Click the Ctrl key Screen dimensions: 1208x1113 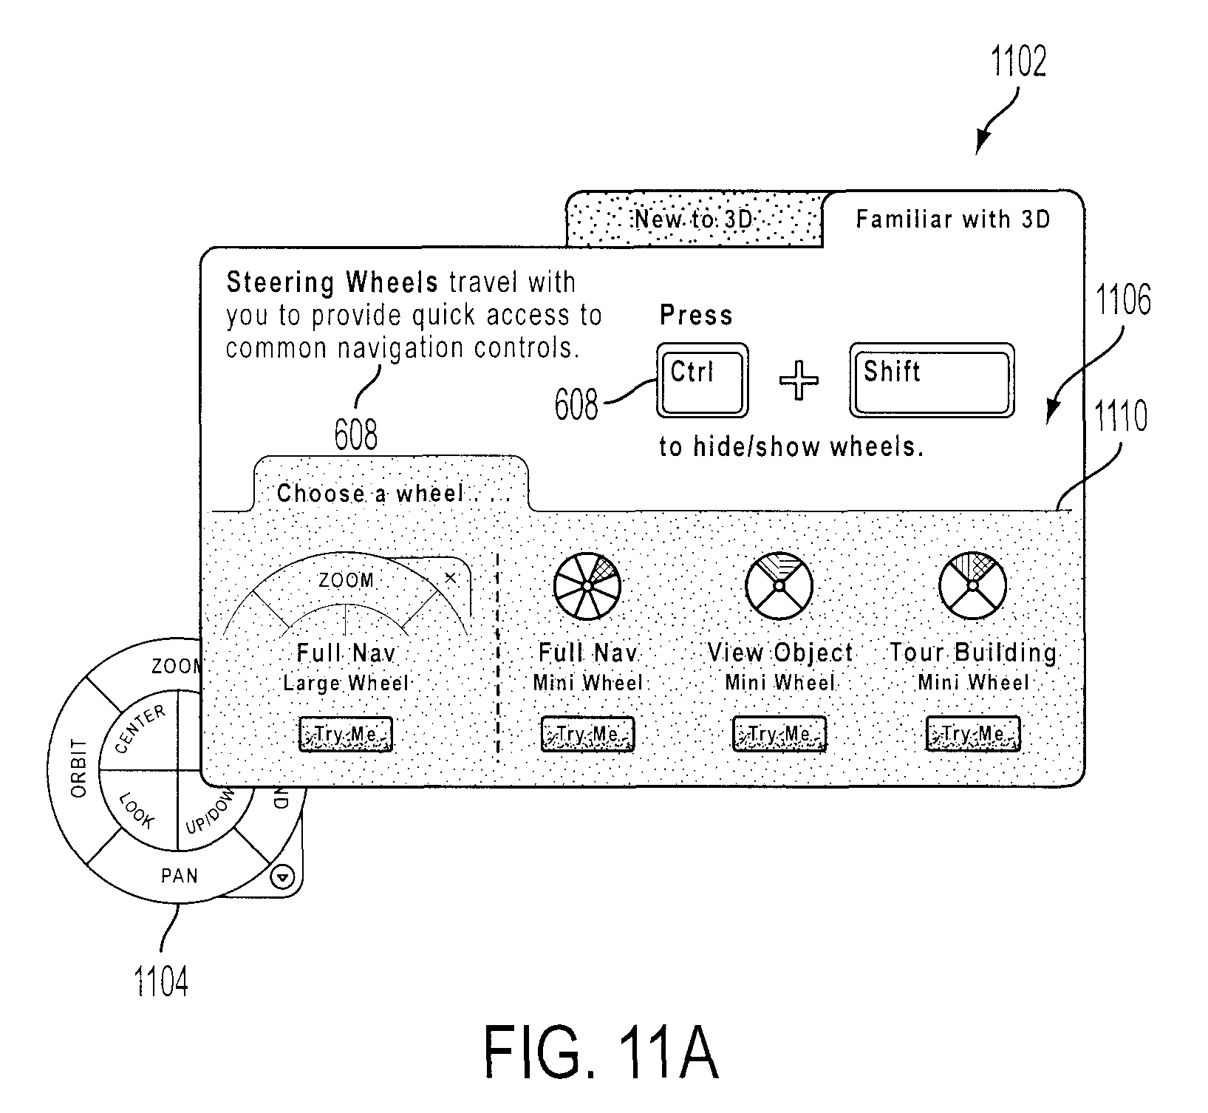click(x=702, y=381)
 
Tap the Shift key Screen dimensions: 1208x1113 click(x=932, y=381)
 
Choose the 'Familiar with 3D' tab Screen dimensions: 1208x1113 click(x=953, y=219)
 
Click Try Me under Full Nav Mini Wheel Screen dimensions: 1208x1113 click(x=587, y=735)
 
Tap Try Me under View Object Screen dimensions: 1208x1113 click(x=779, y=735)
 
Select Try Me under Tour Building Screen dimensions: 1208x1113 click(x=973, y=735)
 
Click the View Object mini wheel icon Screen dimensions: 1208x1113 click(x=779, y=585)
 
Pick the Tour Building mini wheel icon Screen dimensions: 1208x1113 click(x=973, y=585)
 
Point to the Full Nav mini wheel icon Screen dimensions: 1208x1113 click(x=587, y=585)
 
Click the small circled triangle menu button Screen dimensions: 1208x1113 click(x=284, y=877)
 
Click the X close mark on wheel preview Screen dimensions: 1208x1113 click(x=450, y=578)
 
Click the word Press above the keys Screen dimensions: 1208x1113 click(x=696, y=316)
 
